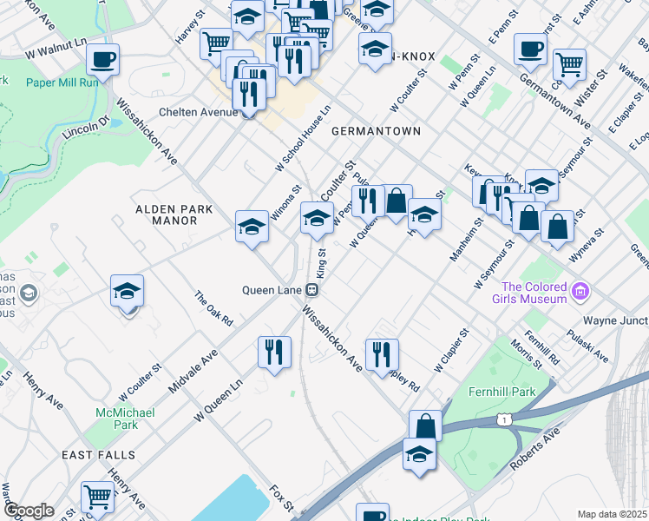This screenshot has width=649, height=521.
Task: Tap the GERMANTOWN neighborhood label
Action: pos(376,131)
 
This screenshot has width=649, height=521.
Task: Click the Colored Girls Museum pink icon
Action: pos(582,293)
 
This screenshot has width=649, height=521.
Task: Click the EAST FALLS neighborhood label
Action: pos(98,455)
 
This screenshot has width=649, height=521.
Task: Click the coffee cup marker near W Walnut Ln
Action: pos(102,61)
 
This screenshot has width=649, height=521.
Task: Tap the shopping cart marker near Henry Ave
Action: pos(97,498)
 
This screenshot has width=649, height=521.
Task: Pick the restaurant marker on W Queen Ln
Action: pos(274,353)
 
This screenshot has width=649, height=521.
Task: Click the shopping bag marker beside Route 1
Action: pos(425,426)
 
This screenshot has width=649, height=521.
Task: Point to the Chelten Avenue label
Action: pos(196,112)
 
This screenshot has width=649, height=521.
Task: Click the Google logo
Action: pos(29,511)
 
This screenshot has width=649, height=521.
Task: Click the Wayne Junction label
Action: pos(615,320)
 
